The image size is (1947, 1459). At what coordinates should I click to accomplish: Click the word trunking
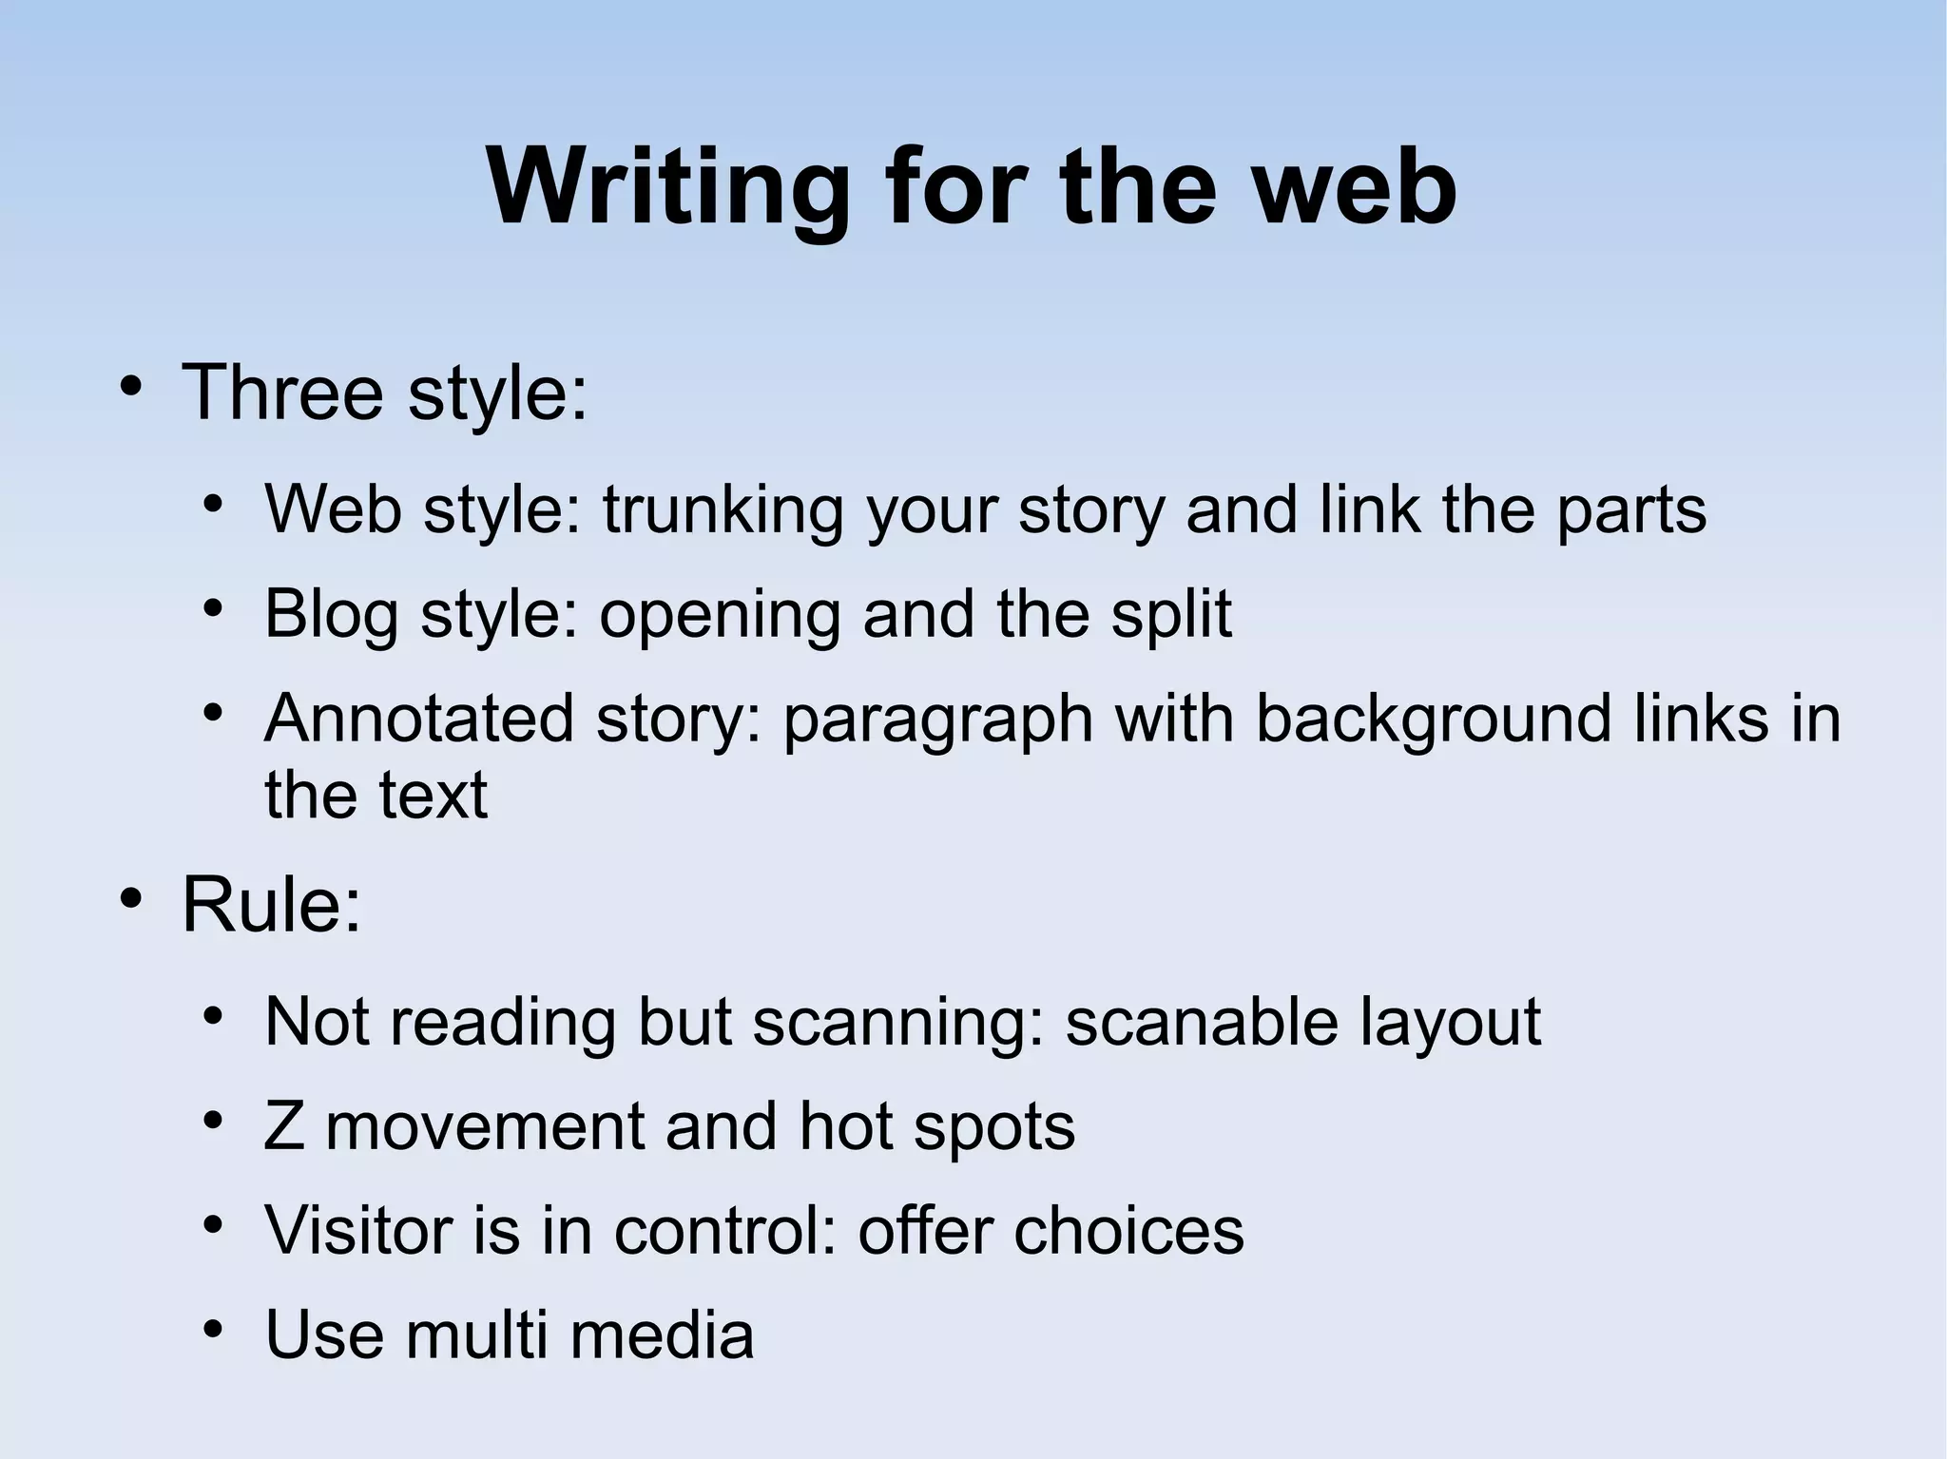723,510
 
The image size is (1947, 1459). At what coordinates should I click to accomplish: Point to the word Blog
330,614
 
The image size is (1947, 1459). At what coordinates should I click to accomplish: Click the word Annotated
418,718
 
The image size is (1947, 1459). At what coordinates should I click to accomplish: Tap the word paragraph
937,720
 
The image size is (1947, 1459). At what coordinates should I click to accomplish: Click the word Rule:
272,905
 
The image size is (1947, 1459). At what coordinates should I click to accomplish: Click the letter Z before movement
283,1126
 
